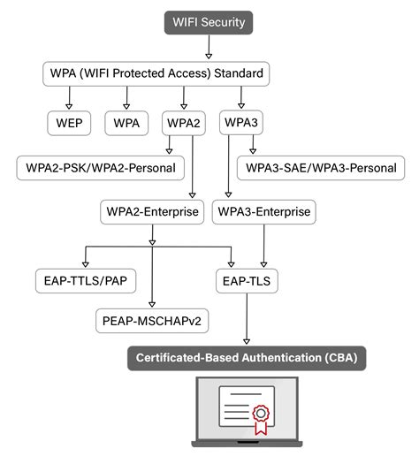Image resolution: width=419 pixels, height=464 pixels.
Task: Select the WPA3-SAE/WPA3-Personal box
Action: click(x=321, y=166)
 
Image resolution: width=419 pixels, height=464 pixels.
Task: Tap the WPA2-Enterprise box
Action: click(x=152, y=212)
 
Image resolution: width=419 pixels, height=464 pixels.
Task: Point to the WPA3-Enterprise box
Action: click(x=263, y=212)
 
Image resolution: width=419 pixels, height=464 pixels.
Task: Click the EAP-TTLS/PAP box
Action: click(x=85, y=282)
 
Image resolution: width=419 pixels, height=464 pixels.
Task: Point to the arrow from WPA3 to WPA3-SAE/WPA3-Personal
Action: click(x=253, y=141)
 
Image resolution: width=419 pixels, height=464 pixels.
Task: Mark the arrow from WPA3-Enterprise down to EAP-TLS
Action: click(x=263, y=246)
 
